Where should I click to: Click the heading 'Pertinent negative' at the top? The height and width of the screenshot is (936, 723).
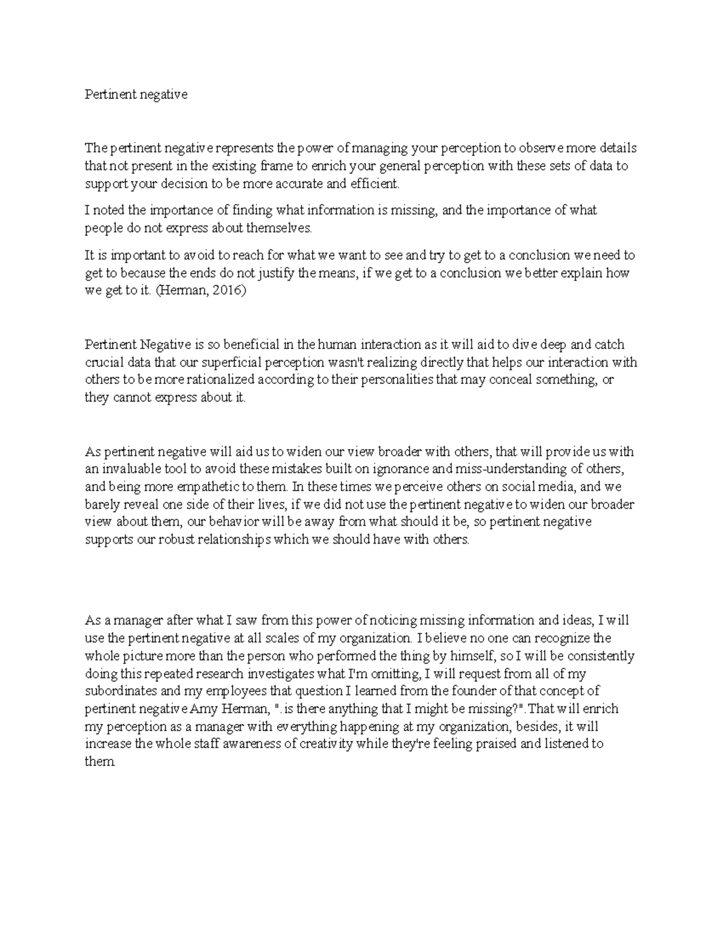pyautogui.click(x=136, y=95)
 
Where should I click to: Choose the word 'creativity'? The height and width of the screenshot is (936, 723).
pyautogui.click(x=326, y=744)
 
